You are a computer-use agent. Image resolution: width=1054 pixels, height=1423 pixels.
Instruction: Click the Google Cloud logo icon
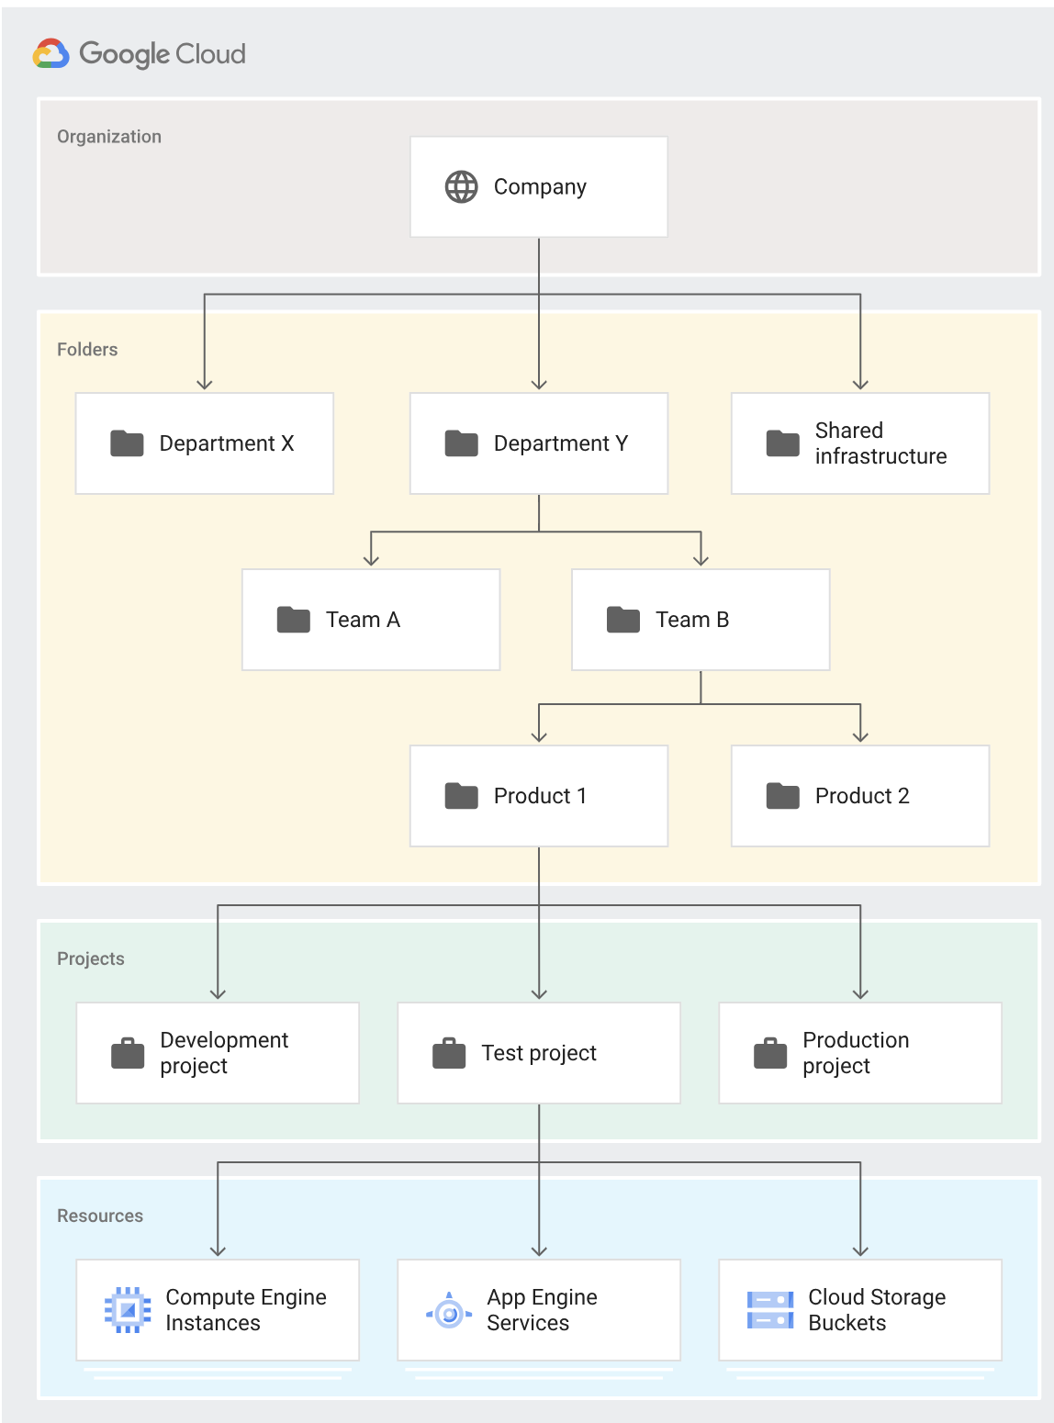click(x=51, y=54)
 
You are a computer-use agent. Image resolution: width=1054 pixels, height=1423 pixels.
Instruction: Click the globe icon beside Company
click(x=461, y=186)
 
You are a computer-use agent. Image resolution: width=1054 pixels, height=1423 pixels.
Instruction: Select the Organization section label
click(x=109, y=137)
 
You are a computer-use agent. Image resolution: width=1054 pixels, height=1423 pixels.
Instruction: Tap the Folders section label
click(x=87, y=350)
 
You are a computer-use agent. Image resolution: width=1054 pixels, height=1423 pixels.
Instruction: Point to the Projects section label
click(x=90, y=958)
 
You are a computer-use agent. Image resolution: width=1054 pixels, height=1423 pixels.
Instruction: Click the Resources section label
click(x=100, y=1216)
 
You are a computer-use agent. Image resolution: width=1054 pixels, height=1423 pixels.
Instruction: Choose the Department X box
click(x=204, y=443)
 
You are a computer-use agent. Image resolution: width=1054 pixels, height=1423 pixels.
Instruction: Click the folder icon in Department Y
click(x=461, y=443)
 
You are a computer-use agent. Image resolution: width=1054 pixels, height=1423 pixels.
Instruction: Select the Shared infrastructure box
click(x=859, y=443)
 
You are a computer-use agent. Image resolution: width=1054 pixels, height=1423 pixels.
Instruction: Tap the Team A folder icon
click(x=294, y=620)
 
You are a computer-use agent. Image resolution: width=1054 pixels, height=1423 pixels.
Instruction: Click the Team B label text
click(x=692, y=620)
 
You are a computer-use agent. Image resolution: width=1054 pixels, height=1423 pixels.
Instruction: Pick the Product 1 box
click(x=538, y=796)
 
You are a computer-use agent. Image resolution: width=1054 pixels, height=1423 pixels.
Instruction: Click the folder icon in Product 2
click(x=782, y=796)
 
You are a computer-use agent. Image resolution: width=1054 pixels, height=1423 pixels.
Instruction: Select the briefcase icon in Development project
click(x=128, y=1053)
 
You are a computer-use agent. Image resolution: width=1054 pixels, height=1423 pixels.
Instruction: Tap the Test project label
click(x=539, y=1053)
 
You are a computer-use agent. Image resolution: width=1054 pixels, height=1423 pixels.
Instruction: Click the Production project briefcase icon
click(x=770, y=1053)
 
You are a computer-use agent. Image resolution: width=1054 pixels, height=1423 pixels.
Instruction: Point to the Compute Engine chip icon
click(x=128, y=1310)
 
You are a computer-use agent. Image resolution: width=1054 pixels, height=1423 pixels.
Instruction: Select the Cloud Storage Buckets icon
click(x=770, y=1310)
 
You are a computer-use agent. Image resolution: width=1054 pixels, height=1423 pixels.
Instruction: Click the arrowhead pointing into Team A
click(x=371, y=560)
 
